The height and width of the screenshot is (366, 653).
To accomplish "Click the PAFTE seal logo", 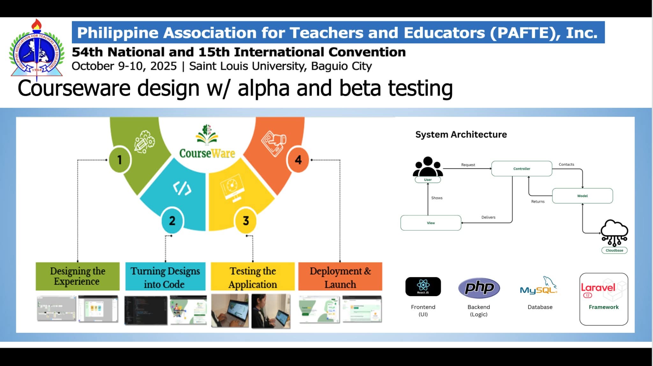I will pos(37,51).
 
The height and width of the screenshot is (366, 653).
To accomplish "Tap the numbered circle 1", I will pos(120,159).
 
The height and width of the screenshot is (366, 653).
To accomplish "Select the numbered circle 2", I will pos(172,221).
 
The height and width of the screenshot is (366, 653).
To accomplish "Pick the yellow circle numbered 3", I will pos(246,221).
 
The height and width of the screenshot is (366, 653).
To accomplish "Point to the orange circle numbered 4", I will pos(298,160).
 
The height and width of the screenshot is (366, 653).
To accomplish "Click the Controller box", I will pos(522,169).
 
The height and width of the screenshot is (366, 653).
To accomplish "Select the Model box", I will pos(582,196).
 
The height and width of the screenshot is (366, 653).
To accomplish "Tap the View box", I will pos(431,223).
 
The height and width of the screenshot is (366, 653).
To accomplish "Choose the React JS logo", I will pos(423,286).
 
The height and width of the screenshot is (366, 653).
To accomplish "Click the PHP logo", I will pos(479,288).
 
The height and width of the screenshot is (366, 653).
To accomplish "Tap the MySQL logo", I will pos(539,287).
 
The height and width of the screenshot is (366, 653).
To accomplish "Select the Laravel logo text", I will pos(598,288).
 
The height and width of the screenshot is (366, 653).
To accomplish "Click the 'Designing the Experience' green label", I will pos(77,276).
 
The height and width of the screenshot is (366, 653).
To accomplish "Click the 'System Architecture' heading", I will pos(461,135).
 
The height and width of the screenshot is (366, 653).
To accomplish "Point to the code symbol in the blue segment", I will pos(182,188).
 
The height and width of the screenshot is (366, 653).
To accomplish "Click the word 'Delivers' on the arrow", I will pos(488,217).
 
